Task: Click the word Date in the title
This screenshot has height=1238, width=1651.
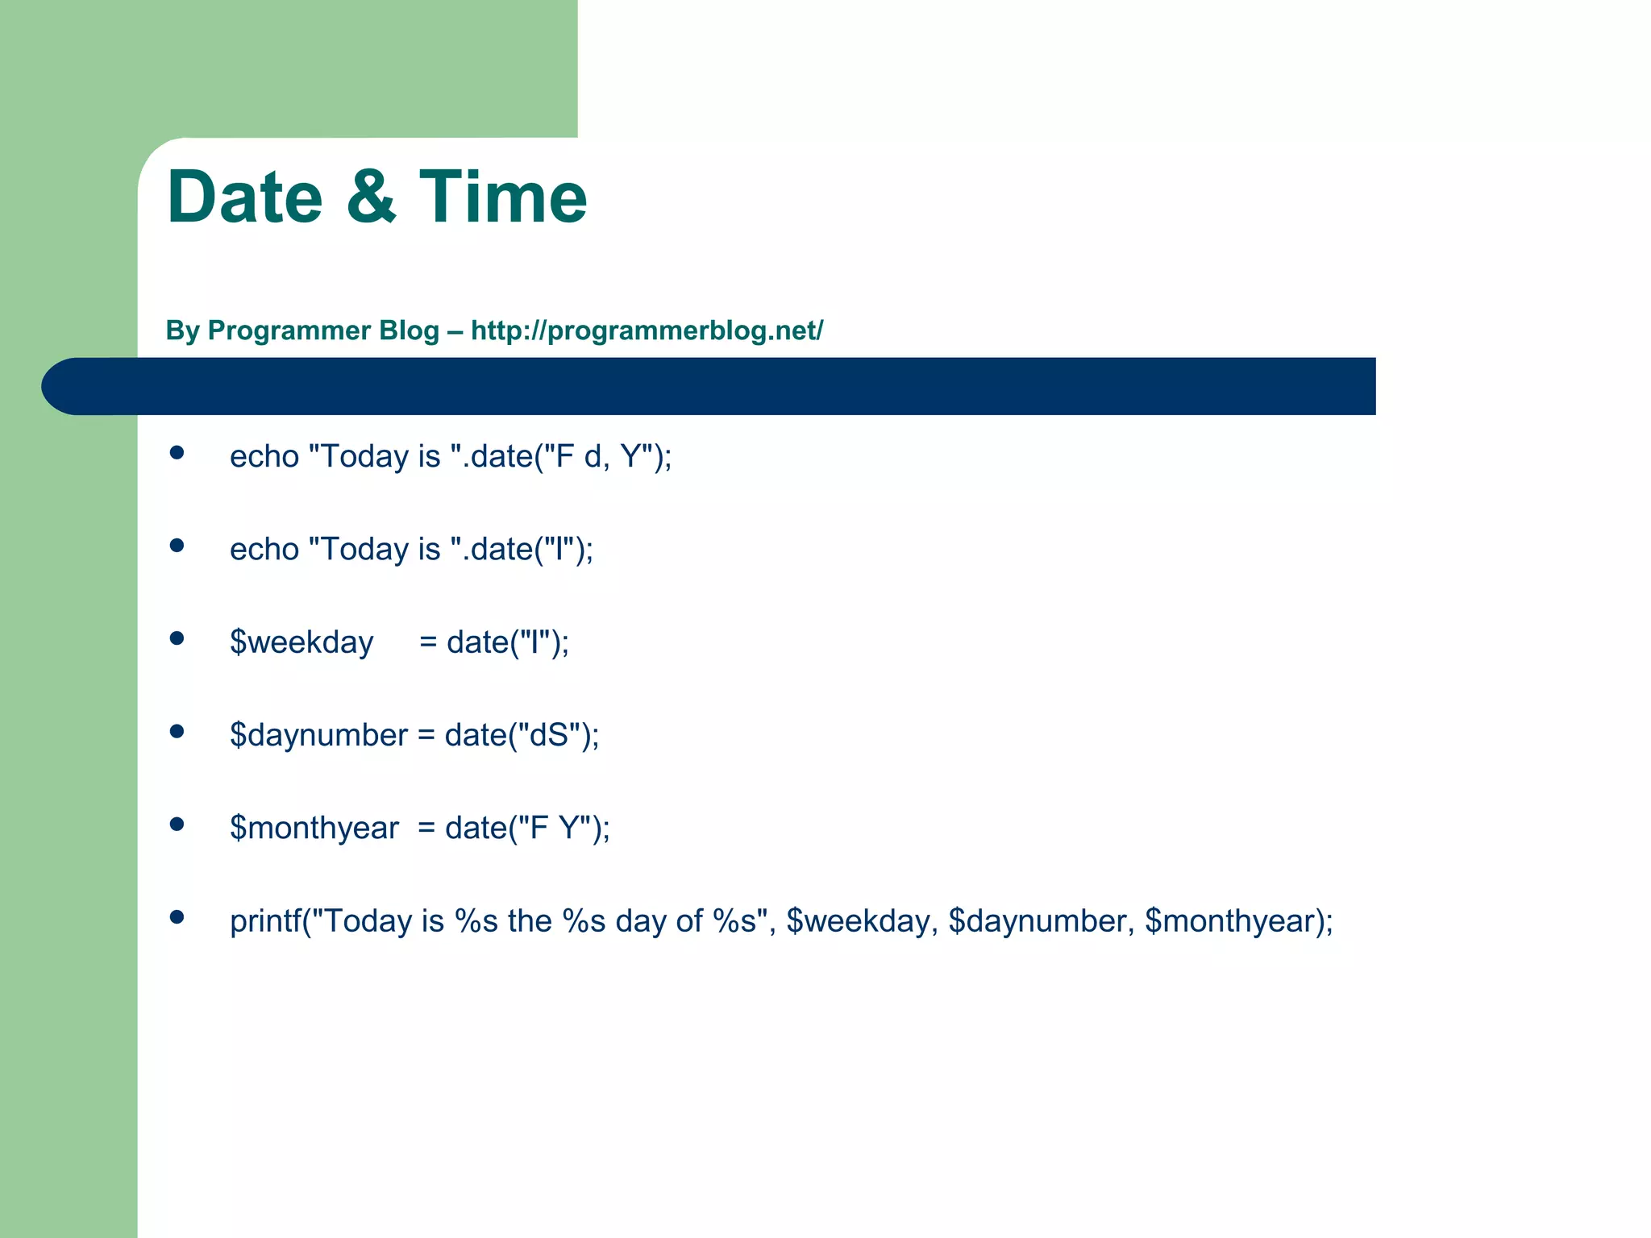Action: (244, 197)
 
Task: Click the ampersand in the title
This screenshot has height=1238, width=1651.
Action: (371, 197)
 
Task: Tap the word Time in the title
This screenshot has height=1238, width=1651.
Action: (503, 197)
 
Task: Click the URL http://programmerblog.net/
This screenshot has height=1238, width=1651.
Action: (647, 330)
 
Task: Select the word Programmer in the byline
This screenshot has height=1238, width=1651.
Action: (323, 330)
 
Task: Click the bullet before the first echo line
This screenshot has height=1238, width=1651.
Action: (177, 453)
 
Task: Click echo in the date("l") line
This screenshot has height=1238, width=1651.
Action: (264, 550)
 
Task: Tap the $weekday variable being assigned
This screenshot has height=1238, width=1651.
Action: (302, 642)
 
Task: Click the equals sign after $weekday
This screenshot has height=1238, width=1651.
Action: (427, 643)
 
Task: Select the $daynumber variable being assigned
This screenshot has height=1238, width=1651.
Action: (318, 735)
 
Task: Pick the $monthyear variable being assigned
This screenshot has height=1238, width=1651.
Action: (314, 828)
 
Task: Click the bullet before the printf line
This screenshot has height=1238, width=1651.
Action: (177, 917)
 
